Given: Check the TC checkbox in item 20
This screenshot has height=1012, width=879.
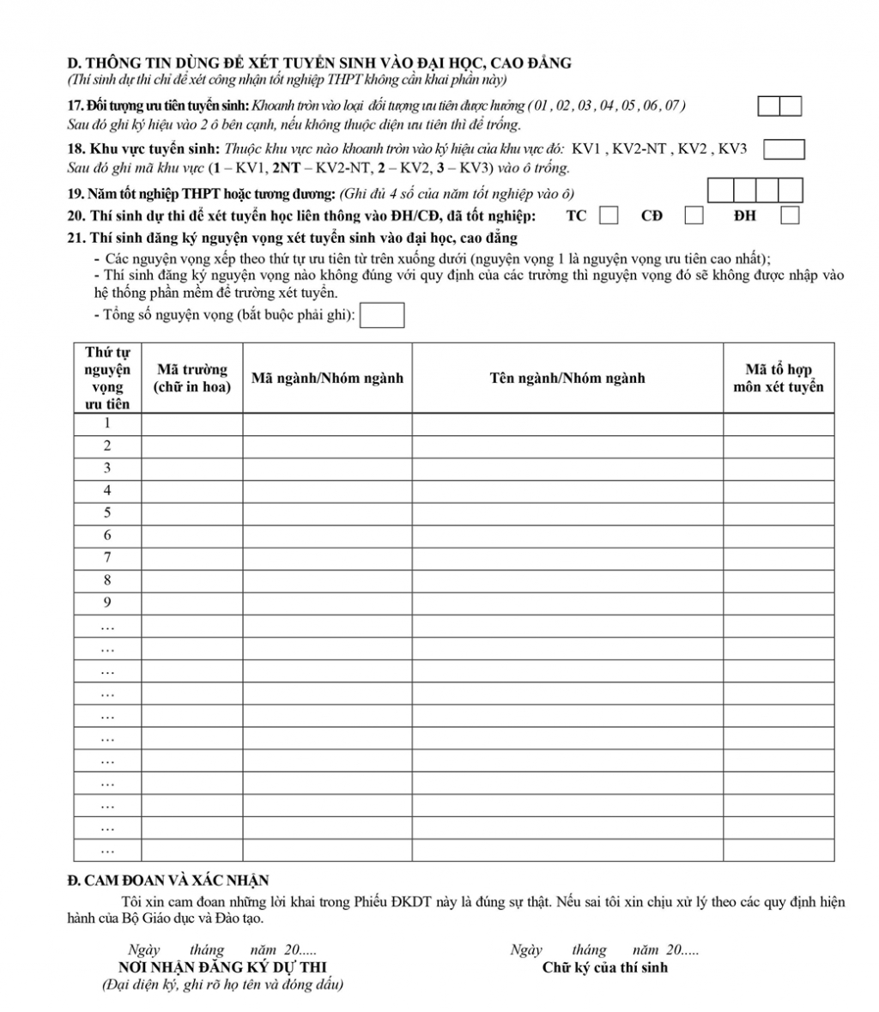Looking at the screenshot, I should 609,215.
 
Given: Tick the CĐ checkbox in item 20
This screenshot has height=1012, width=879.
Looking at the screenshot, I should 694,215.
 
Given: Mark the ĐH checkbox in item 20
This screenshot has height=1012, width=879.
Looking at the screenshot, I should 791,215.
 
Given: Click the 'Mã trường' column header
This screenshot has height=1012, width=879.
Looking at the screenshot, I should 192,378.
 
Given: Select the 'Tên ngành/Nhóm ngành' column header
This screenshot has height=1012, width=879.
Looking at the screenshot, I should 567,378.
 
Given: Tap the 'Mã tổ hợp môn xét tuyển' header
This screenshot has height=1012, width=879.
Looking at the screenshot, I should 778,378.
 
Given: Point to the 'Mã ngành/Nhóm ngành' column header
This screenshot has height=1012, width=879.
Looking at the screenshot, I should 327,378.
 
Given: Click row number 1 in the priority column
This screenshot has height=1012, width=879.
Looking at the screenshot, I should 107,423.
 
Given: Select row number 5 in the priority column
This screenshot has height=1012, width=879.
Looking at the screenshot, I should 107,512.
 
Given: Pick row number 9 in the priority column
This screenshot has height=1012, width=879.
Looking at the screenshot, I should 107,602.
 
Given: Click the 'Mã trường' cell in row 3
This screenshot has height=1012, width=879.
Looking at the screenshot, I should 192,468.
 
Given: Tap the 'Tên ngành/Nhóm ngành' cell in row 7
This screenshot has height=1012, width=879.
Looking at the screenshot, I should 567,557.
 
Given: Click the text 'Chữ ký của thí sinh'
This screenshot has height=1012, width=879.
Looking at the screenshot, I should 605,967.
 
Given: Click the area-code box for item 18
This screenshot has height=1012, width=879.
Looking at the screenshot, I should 783,149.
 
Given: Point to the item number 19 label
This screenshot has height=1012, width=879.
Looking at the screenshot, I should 75,193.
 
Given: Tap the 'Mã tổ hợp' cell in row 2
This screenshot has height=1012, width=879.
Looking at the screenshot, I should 778,445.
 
